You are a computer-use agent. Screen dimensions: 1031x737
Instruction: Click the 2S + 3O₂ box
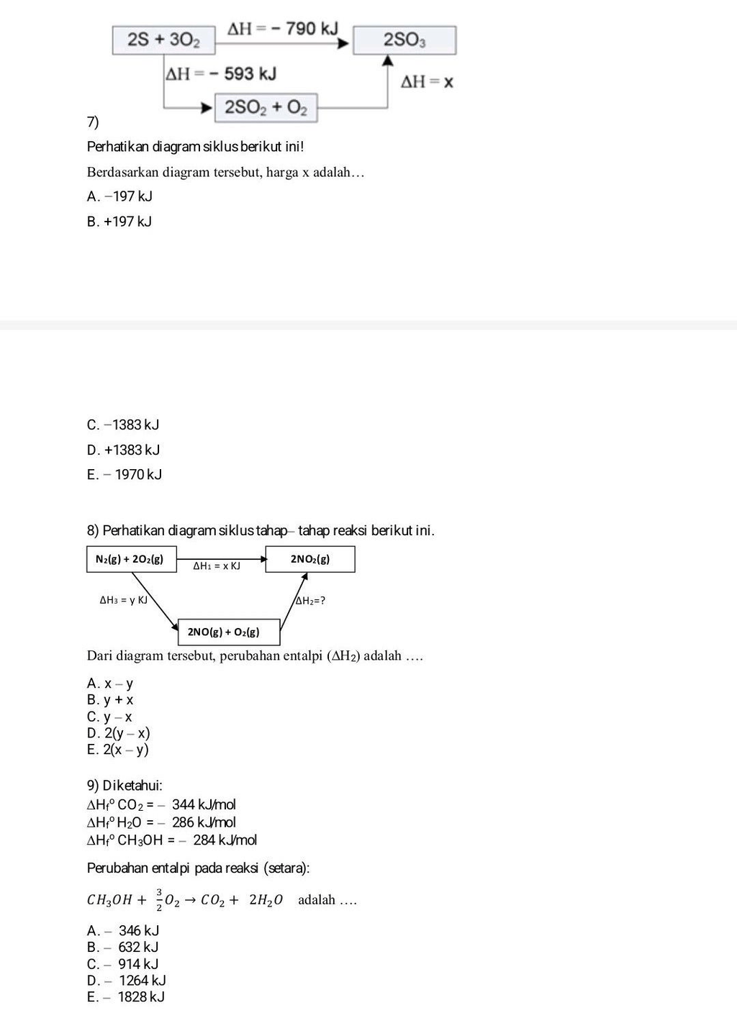(x=164, y=40)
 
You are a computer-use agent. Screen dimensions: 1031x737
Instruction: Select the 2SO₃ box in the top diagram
(x=404, y=40)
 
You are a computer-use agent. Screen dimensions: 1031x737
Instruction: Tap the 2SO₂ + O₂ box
(x=266, y=108)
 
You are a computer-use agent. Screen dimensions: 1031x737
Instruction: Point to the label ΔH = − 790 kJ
(x=282, y=29)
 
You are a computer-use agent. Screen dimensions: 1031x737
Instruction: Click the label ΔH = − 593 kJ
(x=221, y=73)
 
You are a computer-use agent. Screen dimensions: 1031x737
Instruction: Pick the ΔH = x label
(x=427, y=82)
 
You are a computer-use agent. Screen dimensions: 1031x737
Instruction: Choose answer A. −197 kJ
(x=119, y=196)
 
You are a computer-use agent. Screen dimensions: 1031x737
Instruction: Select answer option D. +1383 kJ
(x=123, y=450)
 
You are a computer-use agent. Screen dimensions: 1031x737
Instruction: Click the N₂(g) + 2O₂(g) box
(x=130, y=559)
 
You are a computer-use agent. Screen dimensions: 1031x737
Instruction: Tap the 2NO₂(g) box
(x=310, y=559)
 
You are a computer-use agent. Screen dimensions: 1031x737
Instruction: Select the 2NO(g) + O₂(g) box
(x=228, y=632)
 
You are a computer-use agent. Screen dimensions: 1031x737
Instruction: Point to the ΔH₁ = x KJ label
(x=217, y=566)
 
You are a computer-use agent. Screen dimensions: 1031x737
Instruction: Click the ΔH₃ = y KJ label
(x=123, y=599)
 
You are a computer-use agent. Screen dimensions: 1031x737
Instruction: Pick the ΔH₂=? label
(x=310, y=601)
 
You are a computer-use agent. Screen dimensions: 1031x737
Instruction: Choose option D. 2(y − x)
(x=118, y=733)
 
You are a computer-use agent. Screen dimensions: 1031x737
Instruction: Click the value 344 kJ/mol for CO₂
(x=204, y=804)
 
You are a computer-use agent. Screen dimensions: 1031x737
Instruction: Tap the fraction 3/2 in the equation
(x=159, y=899)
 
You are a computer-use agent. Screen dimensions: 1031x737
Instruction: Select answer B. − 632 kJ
(x=122, y=947)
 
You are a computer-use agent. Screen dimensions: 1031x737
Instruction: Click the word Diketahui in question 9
(x=132, y=785)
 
